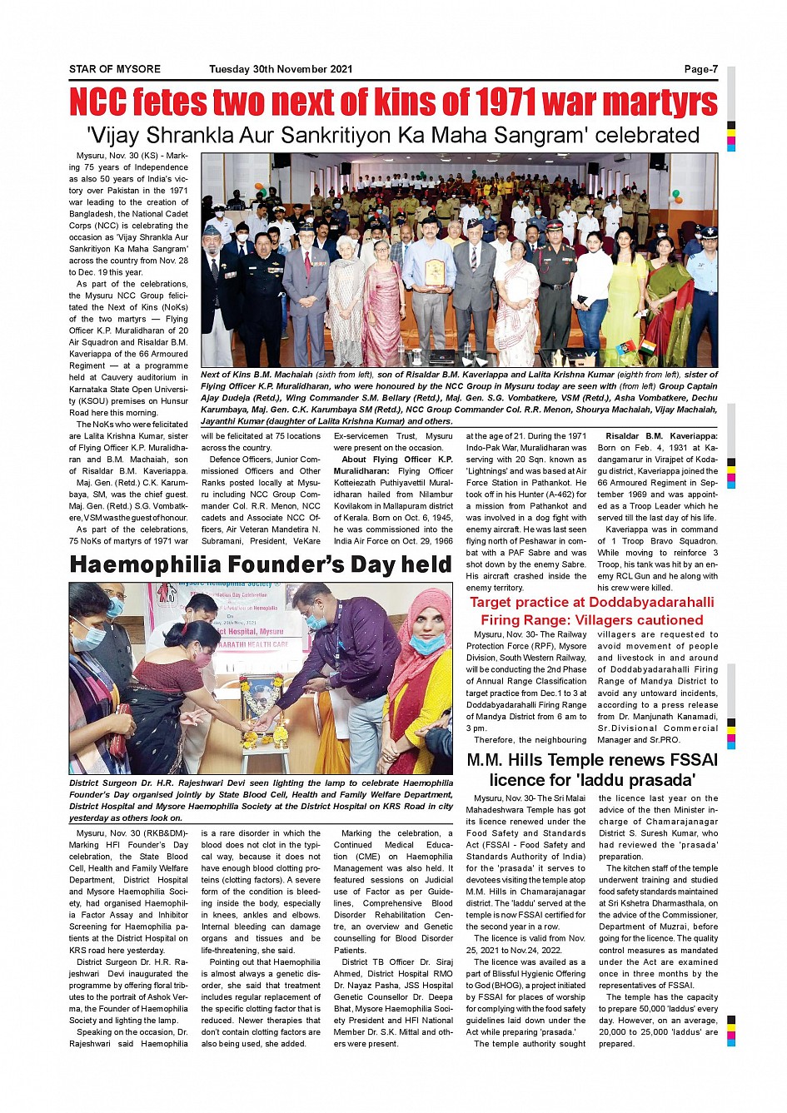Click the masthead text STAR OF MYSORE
(x=115, y=69)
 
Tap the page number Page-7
(x=700, y=69)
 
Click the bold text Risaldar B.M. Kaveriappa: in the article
(x=661, y=436)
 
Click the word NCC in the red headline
(x=97, y=102)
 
